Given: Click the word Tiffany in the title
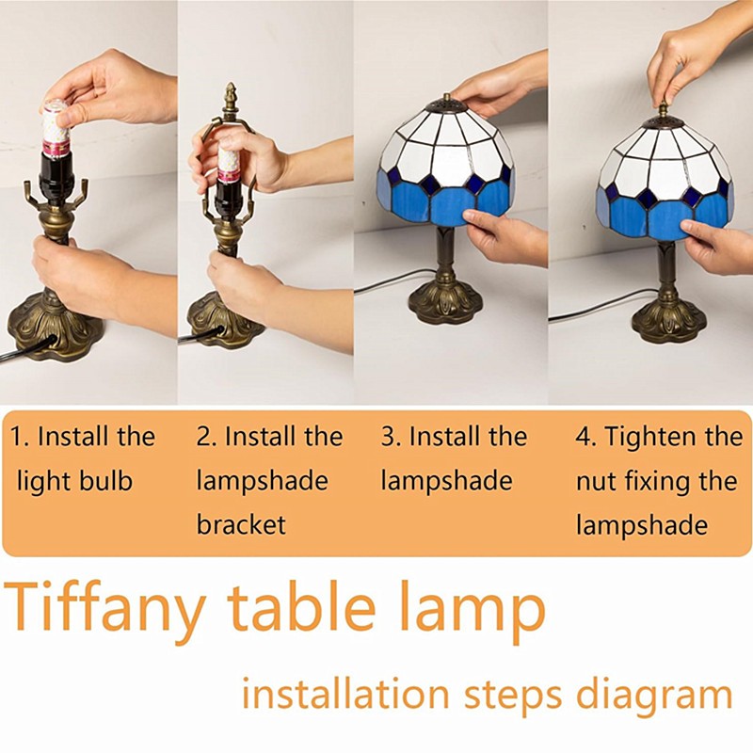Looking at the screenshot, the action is pyautogui.click(x=105, y=608).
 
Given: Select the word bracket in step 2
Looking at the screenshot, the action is pyautogui.click(x=241, y=524).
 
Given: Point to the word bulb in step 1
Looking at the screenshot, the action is pyautogui.click(x=105, y=481).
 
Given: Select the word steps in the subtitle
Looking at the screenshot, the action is pyautogui.click(x=512, y=696).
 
